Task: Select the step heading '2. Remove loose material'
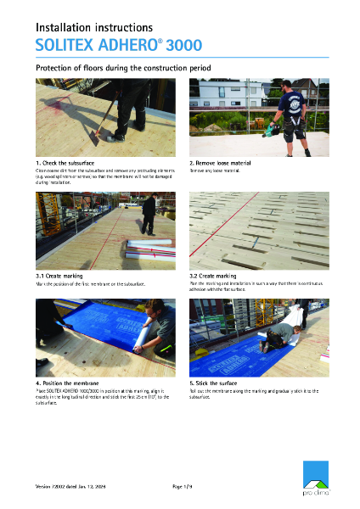[x=220, y=161]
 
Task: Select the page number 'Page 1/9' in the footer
[x=183, y=485]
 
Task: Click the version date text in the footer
[x=71, y=485]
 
